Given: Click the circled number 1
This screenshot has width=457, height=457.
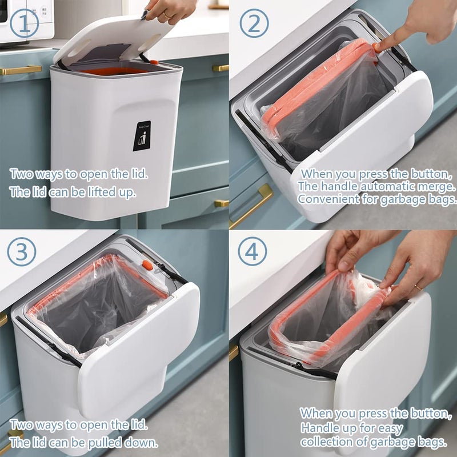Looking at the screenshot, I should pyautogui.click(x=24, y=24).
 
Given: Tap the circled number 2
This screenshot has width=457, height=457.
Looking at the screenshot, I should pyautogui.click(x=254, y=24).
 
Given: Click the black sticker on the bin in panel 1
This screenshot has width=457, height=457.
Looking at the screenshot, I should pyautogui.click(x=142, y=136).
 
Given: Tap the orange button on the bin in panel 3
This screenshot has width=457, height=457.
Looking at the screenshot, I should pyautogui.click(x=147, y=265).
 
